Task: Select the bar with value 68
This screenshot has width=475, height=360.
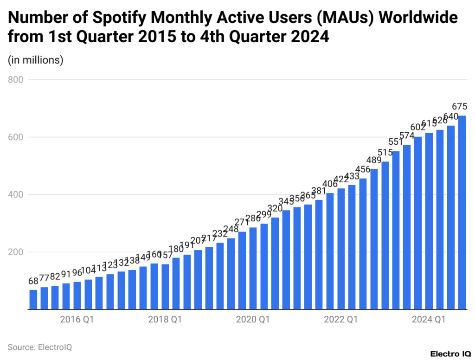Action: [x=33, y=299]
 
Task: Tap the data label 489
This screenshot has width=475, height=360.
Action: [x=374, y=160]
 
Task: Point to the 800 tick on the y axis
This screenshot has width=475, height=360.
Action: [x=16, y=80]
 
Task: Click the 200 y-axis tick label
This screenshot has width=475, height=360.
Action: [x=16, y=252]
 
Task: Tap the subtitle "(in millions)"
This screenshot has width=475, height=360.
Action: [x=35, y=60]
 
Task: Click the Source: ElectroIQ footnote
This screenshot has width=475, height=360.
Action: [x=39, y=347]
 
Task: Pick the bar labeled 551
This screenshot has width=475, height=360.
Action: [x=396, y=230]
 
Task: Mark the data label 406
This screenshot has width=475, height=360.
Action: [x=330, y=184]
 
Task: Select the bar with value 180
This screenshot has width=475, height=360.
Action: [x=176, y=283]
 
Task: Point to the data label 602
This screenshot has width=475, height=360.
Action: [x=418, y=128]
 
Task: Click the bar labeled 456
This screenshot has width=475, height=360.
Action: [x=363, y=244]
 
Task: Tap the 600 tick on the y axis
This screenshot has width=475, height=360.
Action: [x=16, y=137]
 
